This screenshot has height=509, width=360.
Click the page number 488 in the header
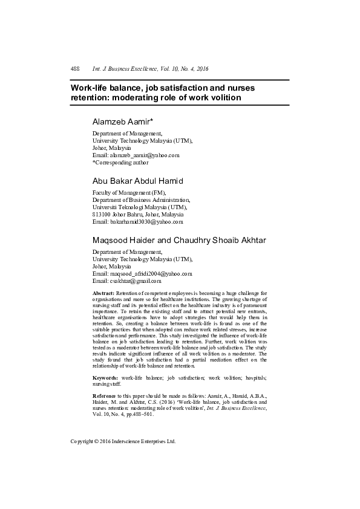point(76,69)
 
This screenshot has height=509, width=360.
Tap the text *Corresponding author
point(119,162)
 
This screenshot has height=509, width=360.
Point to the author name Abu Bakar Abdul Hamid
point(137,181)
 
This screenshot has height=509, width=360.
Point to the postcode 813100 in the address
point(102,215)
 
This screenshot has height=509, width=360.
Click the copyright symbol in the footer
point(97,441)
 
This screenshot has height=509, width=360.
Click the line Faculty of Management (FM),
point(129,192)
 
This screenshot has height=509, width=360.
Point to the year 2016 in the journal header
point(201,69)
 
